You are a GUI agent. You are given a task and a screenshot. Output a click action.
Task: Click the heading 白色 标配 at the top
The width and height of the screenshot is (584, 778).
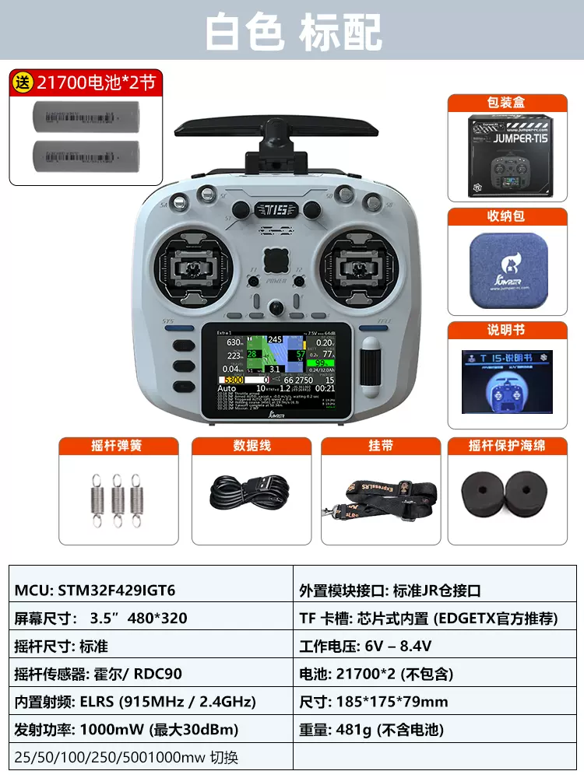293,33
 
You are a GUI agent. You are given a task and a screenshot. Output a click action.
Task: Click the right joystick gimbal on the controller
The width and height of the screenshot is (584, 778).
361,268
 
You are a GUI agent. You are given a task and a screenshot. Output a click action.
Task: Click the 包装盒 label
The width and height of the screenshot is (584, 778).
507,103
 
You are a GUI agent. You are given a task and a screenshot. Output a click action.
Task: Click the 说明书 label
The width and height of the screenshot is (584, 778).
507,330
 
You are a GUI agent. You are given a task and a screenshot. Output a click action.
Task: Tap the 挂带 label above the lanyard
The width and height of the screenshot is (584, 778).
380,446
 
